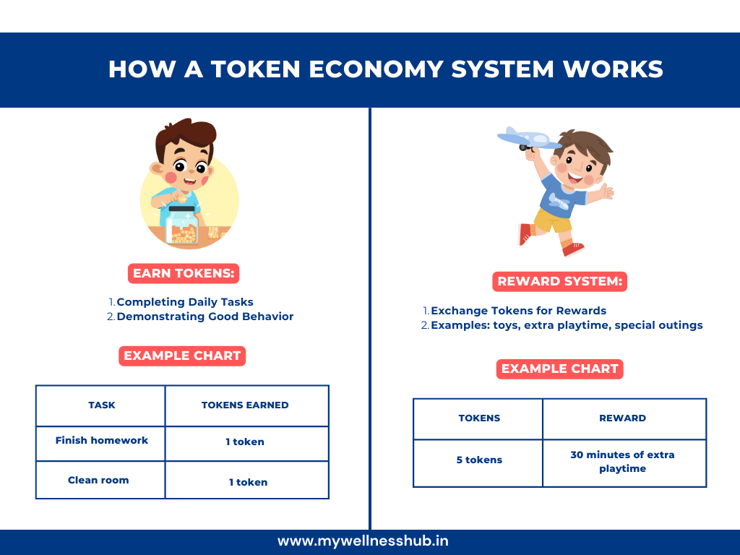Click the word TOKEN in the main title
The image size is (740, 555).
pos(255,69)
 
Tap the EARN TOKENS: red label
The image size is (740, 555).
pos(184,273)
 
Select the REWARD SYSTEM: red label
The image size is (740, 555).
pos(560,281)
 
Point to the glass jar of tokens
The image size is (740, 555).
pos(182,225)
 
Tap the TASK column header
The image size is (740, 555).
pos(101,405)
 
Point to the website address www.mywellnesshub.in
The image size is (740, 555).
pos(363,541)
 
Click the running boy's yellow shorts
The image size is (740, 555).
pos(553,220)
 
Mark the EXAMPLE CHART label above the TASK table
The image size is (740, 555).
pos(182,356)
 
